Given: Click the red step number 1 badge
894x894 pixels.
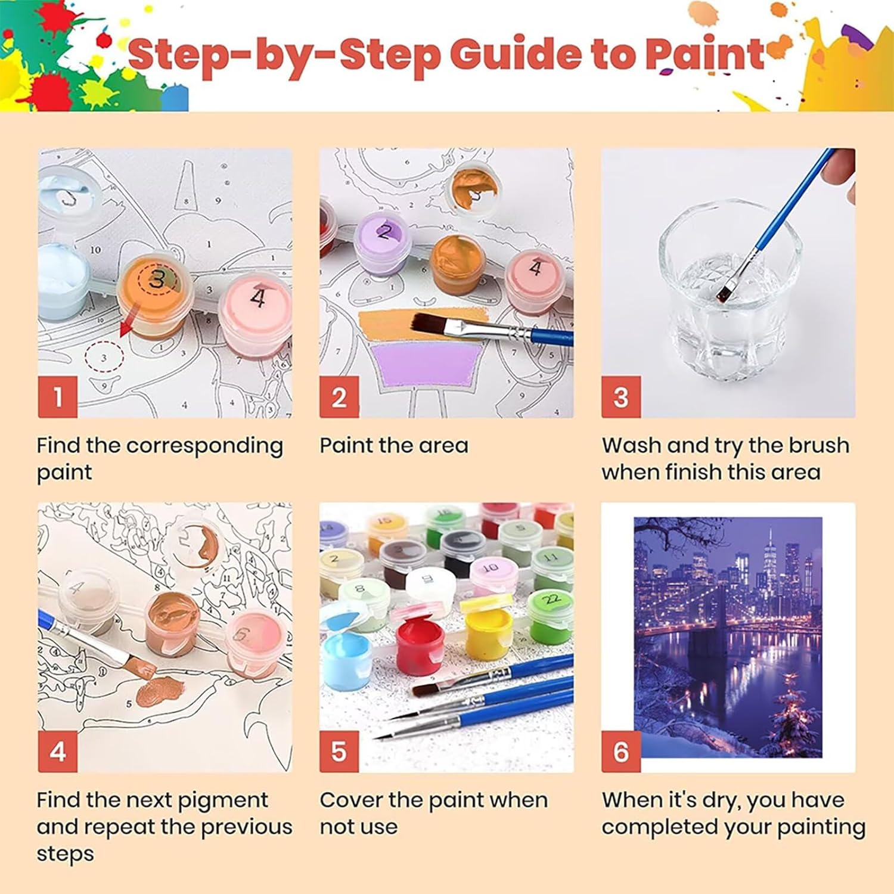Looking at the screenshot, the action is (x=58, y=397).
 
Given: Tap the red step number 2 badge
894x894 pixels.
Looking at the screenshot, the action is (x=339, y=397).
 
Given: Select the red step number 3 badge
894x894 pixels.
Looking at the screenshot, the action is (x=621, y=397).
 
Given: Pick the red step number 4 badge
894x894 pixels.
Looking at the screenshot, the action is (x=58, y=752).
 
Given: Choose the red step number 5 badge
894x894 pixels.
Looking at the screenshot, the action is (x=339, y=752).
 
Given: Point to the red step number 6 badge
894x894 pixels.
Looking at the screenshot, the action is (x=621, y=752).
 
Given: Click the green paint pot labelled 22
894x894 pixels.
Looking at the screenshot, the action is (x=550, y=616).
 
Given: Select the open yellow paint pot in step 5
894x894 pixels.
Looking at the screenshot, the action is (x=489, y=631).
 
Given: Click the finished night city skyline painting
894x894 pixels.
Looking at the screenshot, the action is (x=728, y=637).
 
